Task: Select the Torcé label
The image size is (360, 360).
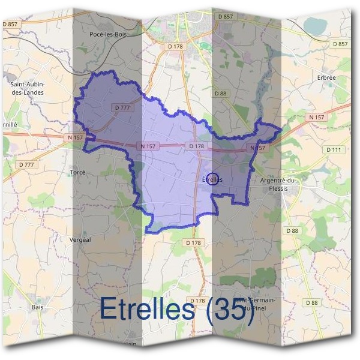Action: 78,172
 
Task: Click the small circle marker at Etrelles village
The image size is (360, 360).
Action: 212,179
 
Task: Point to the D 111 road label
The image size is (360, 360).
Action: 334,149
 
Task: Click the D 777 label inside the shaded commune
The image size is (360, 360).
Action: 122,107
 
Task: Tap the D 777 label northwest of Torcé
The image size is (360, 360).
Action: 27,164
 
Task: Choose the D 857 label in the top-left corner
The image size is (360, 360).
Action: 11,24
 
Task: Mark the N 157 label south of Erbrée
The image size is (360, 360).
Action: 317,116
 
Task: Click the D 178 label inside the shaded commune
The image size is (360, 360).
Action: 196,146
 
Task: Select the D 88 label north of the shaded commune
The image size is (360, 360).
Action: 221,93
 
